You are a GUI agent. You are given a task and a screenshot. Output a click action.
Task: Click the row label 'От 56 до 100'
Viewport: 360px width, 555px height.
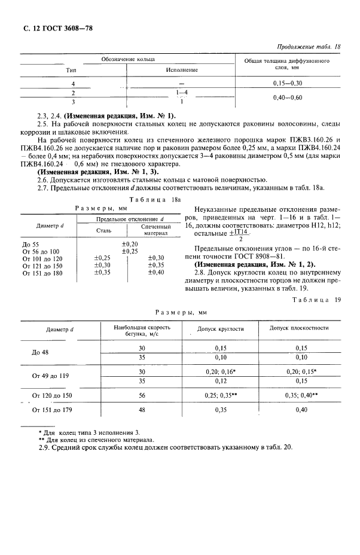[x=41, y=251]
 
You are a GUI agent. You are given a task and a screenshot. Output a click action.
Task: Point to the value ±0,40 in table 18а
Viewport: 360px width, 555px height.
[x=156, y=273]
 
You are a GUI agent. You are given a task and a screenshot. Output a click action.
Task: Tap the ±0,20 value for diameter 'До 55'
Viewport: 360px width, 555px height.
[x=130, y=244]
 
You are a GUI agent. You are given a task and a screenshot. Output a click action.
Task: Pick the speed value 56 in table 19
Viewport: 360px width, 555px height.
[x=142, y=396]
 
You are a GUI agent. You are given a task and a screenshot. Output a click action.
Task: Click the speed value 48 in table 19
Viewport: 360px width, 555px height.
[x=142, y=410]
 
